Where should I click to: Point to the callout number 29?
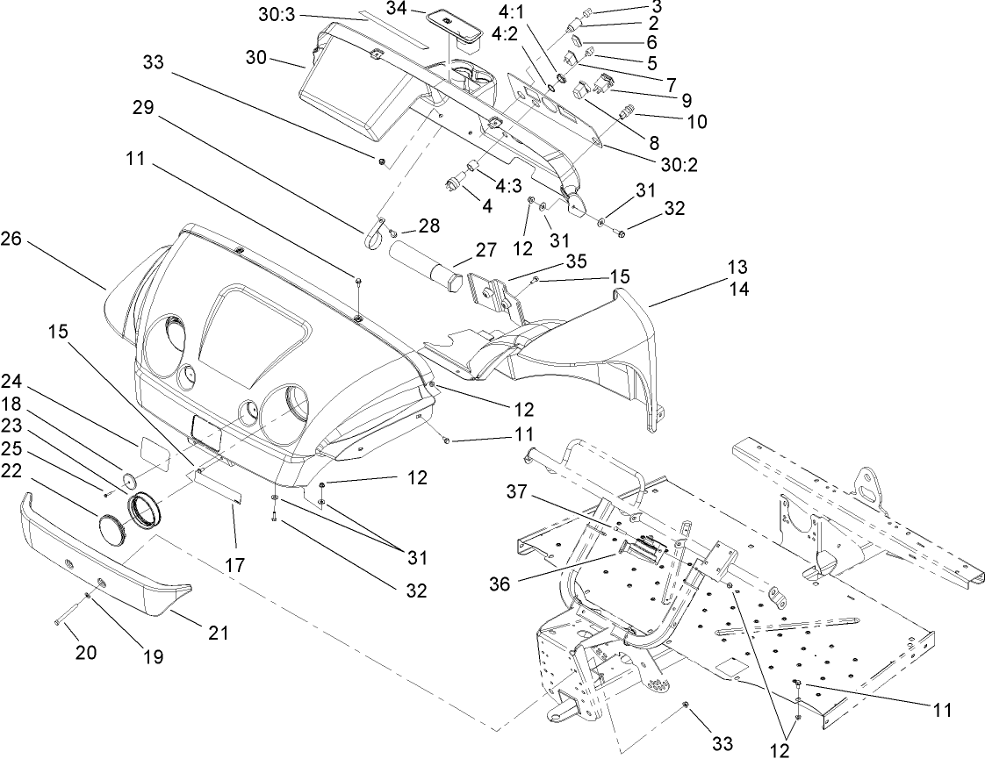pos(143,108)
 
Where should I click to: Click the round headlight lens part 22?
pos(113,532)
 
